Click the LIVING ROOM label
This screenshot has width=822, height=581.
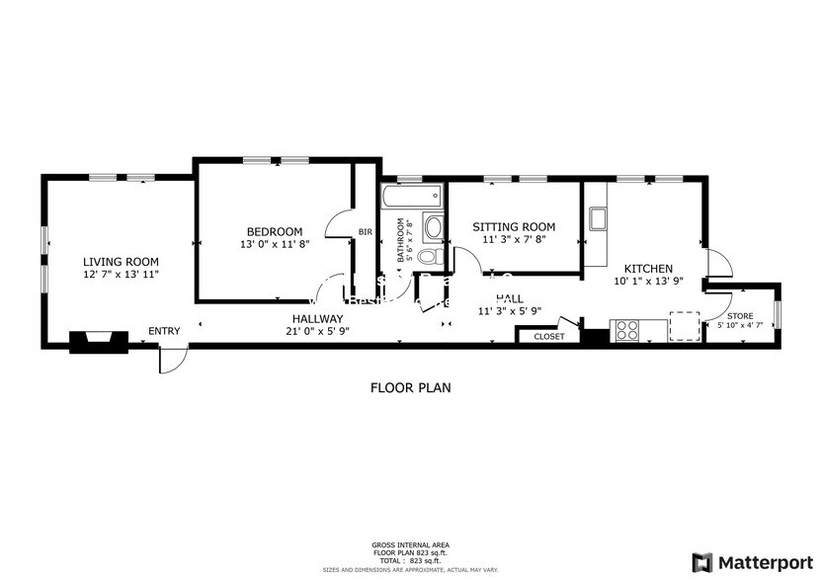coord(120,261)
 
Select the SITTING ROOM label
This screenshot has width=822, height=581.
coord(513,226)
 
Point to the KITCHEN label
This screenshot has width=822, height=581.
coord(648,268)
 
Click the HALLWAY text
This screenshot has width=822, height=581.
coord(317,318)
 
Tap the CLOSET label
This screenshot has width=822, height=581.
coord(549,337)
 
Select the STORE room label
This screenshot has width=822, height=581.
coord(740,316)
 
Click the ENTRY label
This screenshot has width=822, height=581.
coord(164,331)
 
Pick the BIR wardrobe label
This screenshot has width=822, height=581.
coord(365,232)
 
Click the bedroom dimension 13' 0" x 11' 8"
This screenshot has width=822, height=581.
coord(274,244)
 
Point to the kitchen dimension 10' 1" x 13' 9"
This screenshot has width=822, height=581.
coord(648,281)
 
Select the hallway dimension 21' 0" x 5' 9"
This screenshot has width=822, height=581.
coord(317,331)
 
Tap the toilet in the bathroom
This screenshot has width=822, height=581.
coord(426,257)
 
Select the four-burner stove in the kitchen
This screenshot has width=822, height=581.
coord(626,330)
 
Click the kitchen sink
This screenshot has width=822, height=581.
coord(597,217)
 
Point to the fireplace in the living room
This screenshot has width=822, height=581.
coord(99,341)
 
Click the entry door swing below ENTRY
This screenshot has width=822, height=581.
coord(170,361)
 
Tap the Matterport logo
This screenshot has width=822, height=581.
coord(753,561)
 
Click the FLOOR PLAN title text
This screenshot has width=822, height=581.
coord(410,388)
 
